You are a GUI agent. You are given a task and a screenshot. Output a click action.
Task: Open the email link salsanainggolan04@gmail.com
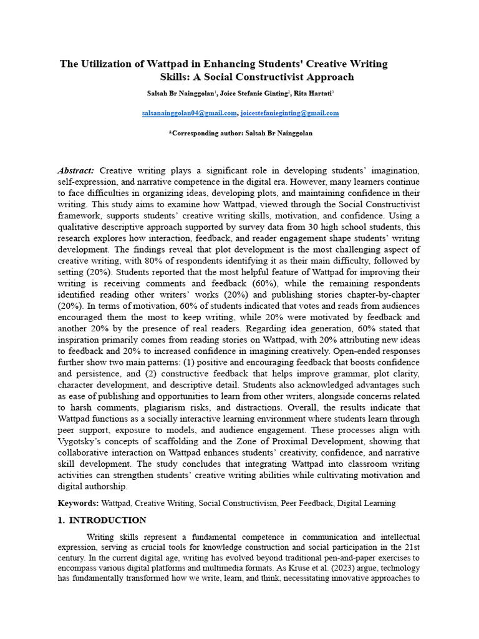coord(190,113)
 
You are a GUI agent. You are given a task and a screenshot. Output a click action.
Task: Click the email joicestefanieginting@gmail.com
coord(289,113)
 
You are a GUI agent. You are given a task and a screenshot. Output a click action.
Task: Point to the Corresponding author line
coord(240,133)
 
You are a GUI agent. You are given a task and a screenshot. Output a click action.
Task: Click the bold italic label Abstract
coord(76,170)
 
